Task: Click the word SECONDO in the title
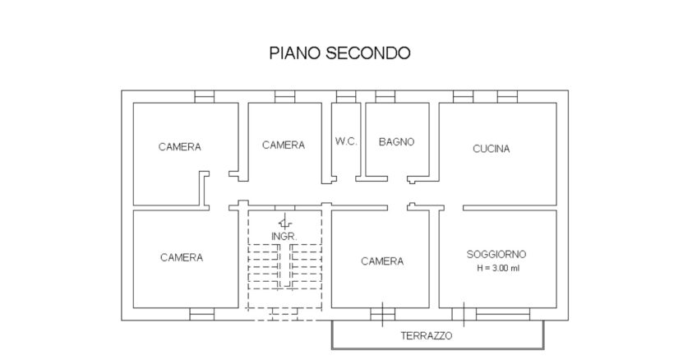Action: tap(368, 53)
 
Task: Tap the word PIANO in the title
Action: tap(295, 53)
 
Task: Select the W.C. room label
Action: tap(346, 141)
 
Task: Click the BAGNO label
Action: tap(396, 141)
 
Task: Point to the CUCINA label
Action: tap(492, 149)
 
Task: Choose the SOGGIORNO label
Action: tap(496, 254)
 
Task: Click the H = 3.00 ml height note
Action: tap(498, 268)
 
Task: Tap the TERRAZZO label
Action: tap(427, 335)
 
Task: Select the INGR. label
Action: tap(284, 237)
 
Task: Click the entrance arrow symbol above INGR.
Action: tap(284, 221)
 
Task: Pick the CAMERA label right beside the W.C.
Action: tap(284, 145)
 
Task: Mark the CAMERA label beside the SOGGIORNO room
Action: tap(382, 261)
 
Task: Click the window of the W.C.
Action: tap(346, 97)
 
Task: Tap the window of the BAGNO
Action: tap(385, 97)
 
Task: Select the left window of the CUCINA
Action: tap(464, 97)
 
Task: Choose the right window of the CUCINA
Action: tap(507, 97)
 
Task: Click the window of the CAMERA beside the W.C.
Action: tap(284, 97)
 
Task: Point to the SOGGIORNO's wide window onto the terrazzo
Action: tap(503, 314)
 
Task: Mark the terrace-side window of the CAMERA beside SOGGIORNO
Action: tap(383, 314)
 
